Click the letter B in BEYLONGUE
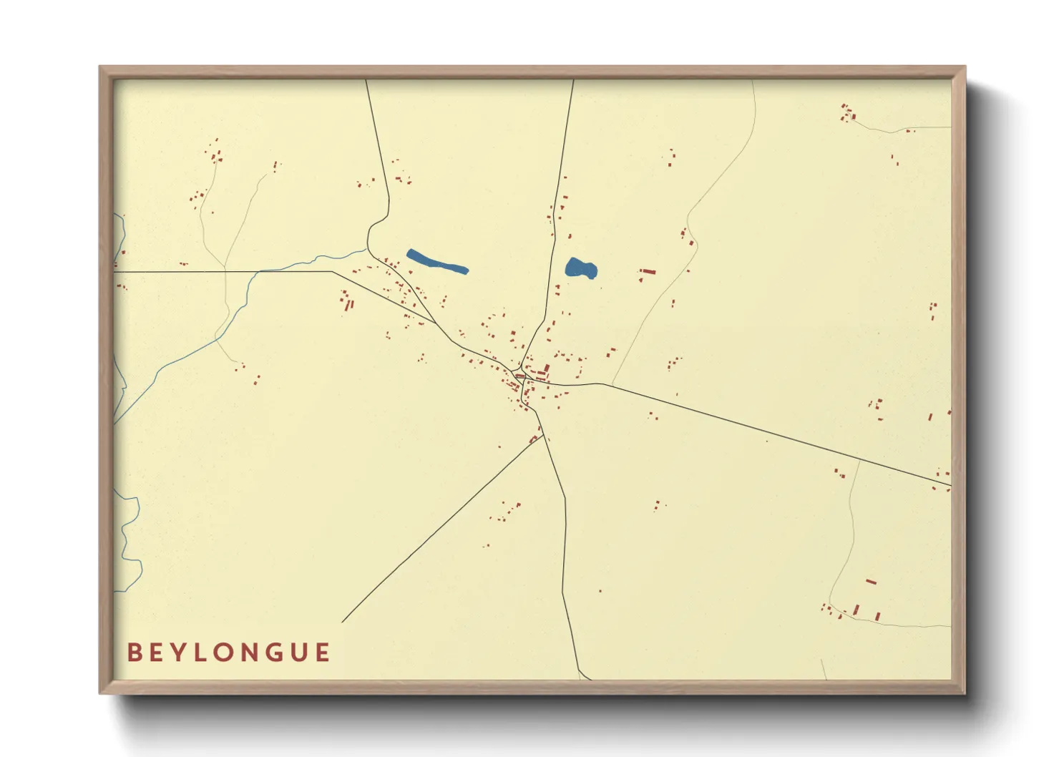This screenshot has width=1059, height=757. (133, 653)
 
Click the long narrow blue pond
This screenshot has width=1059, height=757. (436, 261)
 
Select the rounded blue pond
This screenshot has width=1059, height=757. (580, 268)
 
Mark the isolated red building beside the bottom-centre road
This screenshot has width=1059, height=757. (600, 591)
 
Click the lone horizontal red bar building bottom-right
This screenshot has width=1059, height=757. (871, 582)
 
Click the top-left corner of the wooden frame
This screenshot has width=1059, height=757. (100, 67)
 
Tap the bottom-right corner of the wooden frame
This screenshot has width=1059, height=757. (965, 693)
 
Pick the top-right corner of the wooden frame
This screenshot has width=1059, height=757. (965, 67)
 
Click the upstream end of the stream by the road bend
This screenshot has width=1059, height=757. (366, 250)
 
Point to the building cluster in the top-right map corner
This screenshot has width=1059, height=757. (849, 113)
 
